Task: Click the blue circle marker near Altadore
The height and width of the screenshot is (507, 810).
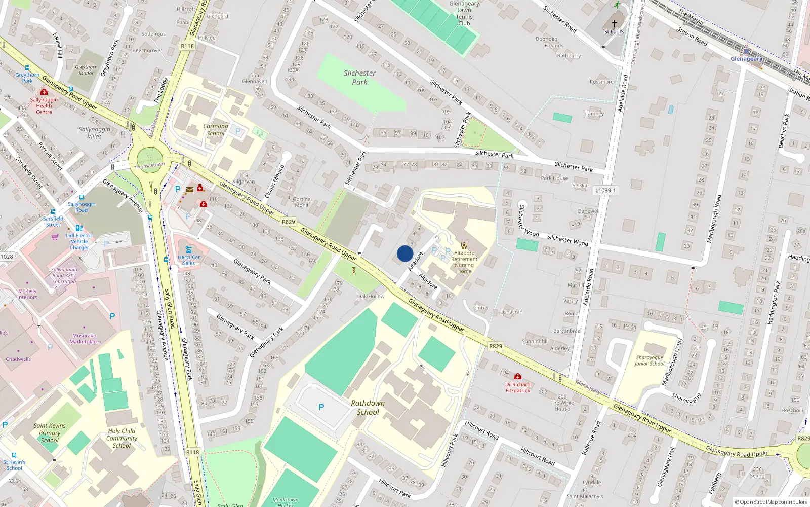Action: point(405,253)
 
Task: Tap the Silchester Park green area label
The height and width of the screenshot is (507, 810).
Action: point(359,78)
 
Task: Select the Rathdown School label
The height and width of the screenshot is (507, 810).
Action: point(368,408)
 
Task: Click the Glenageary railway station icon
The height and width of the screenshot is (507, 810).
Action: point(746,51)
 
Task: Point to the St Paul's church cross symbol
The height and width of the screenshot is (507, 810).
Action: point(614,24)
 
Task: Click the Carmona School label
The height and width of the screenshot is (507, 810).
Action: point(216,130)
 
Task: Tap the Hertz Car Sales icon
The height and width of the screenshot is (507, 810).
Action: point(189,249)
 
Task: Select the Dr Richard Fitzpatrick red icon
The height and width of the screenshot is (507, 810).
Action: point(517,377)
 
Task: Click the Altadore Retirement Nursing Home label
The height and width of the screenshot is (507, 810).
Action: point(464,262)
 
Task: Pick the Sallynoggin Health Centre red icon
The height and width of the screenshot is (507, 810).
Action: point(44,92)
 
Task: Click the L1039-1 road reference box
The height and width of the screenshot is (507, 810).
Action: point(605,190)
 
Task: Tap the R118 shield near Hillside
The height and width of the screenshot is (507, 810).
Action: point(187,46)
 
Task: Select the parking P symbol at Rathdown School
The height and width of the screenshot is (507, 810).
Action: point(321,407)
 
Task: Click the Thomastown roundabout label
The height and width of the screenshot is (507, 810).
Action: point(149,165)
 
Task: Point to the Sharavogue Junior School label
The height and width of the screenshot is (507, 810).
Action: point(649,360)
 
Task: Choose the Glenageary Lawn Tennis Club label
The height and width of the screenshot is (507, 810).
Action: point(464,13)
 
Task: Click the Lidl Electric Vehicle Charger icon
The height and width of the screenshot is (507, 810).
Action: point(79,228)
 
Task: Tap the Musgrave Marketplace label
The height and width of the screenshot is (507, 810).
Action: point(84,339)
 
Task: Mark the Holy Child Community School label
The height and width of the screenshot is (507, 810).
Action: point(121,438)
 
